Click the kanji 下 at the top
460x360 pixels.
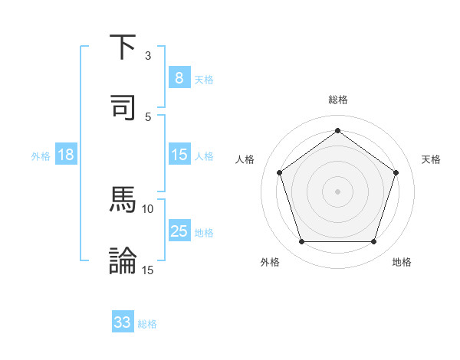pos(123,48)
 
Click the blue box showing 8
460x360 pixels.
pos(179,77)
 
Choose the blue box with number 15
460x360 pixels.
pos(179,155)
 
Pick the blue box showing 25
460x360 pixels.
pos(179,231)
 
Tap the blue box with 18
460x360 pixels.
pos(66,155)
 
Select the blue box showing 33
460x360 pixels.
pos(123,322)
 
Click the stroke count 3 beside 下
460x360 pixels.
pos(148,56)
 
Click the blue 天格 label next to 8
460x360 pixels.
pos(204,79)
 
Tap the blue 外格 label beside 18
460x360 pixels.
pos(41,155)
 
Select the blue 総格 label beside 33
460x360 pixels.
pos(148,324)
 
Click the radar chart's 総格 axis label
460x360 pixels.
pos(337,100)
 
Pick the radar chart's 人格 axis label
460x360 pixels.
pos(245,159)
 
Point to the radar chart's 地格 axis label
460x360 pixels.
pos(402,262)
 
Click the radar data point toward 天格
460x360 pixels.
pos(396,172)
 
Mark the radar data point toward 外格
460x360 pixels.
pos(301,242)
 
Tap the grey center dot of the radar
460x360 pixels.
pos(337,191)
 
